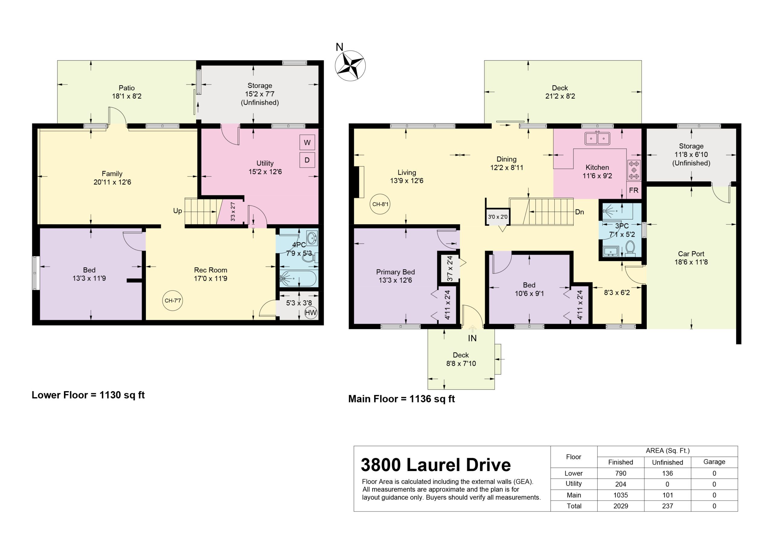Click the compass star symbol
350,66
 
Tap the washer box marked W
307,142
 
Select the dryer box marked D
307,160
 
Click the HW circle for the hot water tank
310,313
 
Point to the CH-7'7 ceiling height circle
173,301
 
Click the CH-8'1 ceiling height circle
380,204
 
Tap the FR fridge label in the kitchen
633,190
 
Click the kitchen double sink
598,139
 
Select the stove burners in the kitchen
634,170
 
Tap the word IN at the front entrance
472,338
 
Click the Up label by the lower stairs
178,211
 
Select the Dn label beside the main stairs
579,212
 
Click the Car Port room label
691,254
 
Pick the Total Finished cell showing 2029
621,506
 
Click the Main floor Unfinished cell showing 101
668,495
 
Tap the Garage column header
714,462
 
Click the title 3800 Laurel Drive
436,465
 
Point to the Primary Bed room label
395,272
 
